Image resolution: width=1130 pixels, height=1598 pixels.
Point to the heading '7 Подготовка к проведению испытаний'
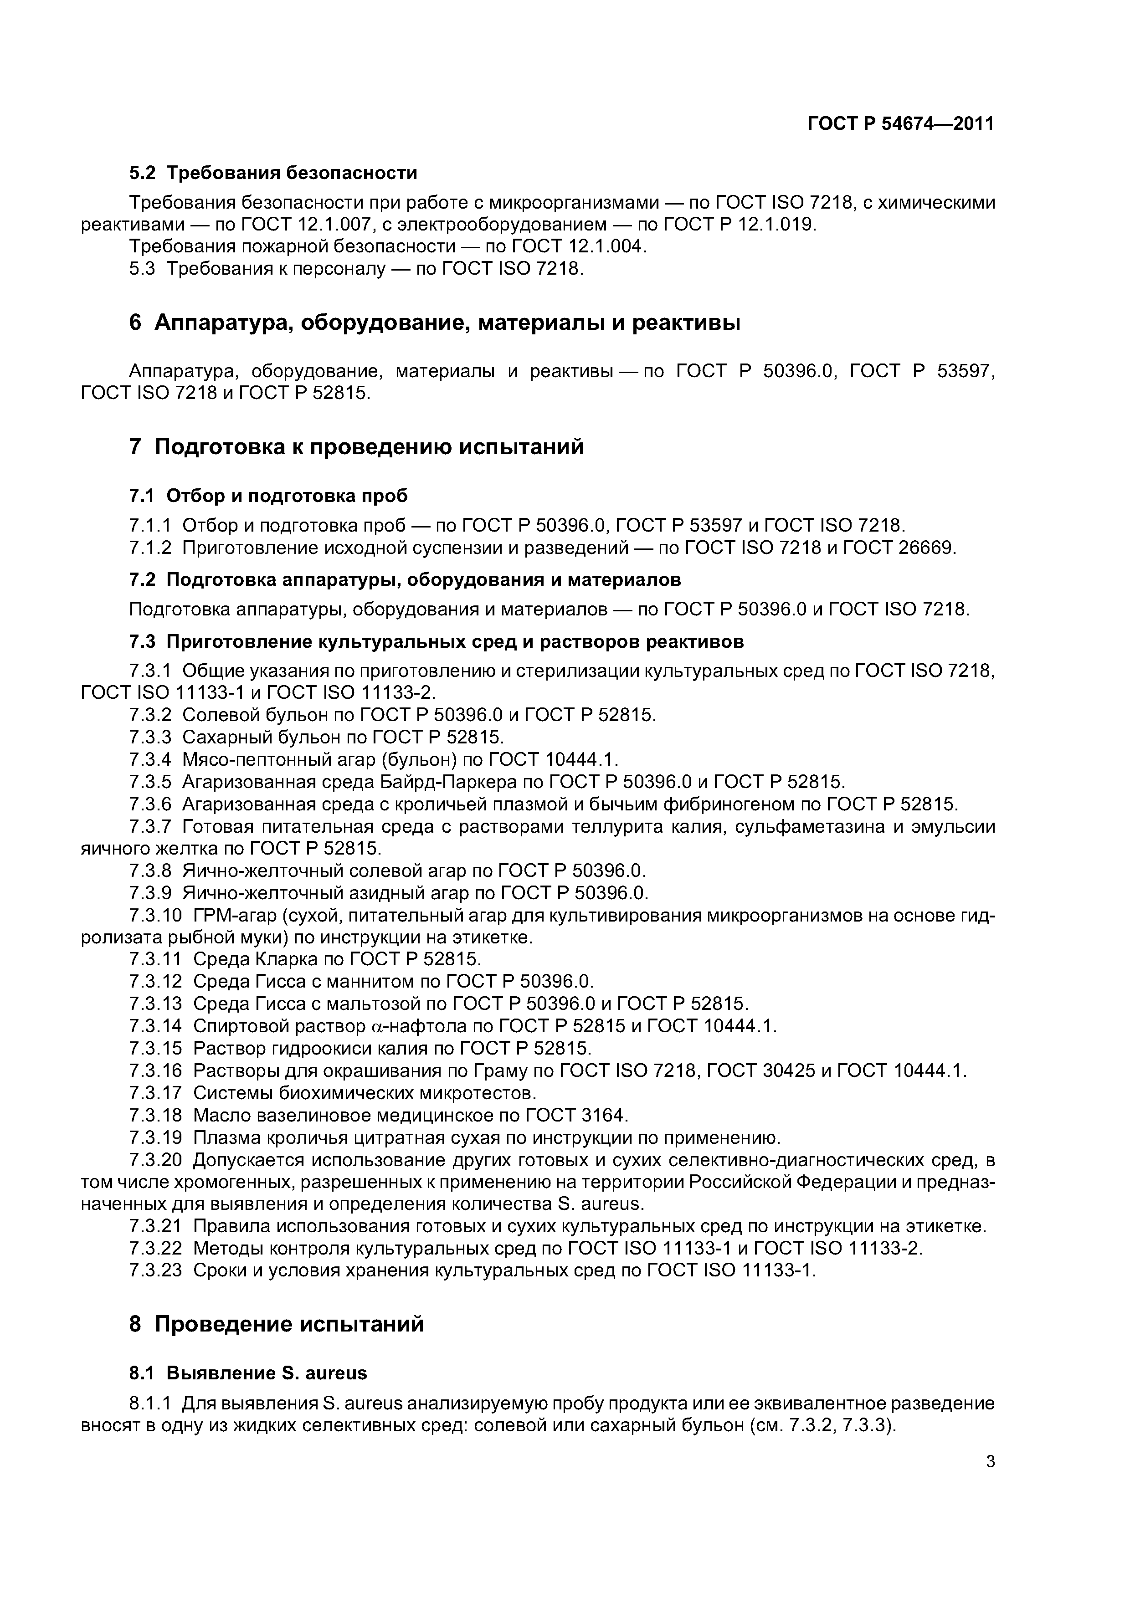point(356,446)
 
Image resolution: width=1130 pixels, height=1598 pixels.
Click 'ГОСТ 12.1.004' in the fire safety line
point(579,246)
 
